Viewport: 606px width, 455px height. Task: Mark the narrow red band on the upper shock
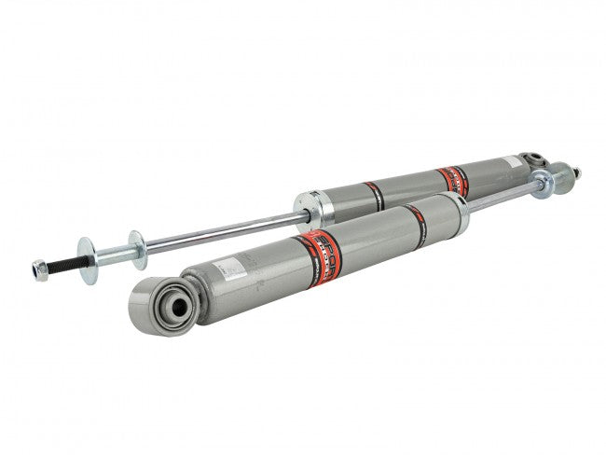point(374,195)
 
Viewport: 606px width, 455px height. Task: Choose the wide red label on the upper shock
point(452,179)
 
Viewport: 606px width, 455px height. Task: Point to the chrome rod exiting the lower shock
point(503,193)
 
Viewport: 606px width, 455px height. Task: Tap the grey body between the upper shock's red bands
point(410,186)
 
